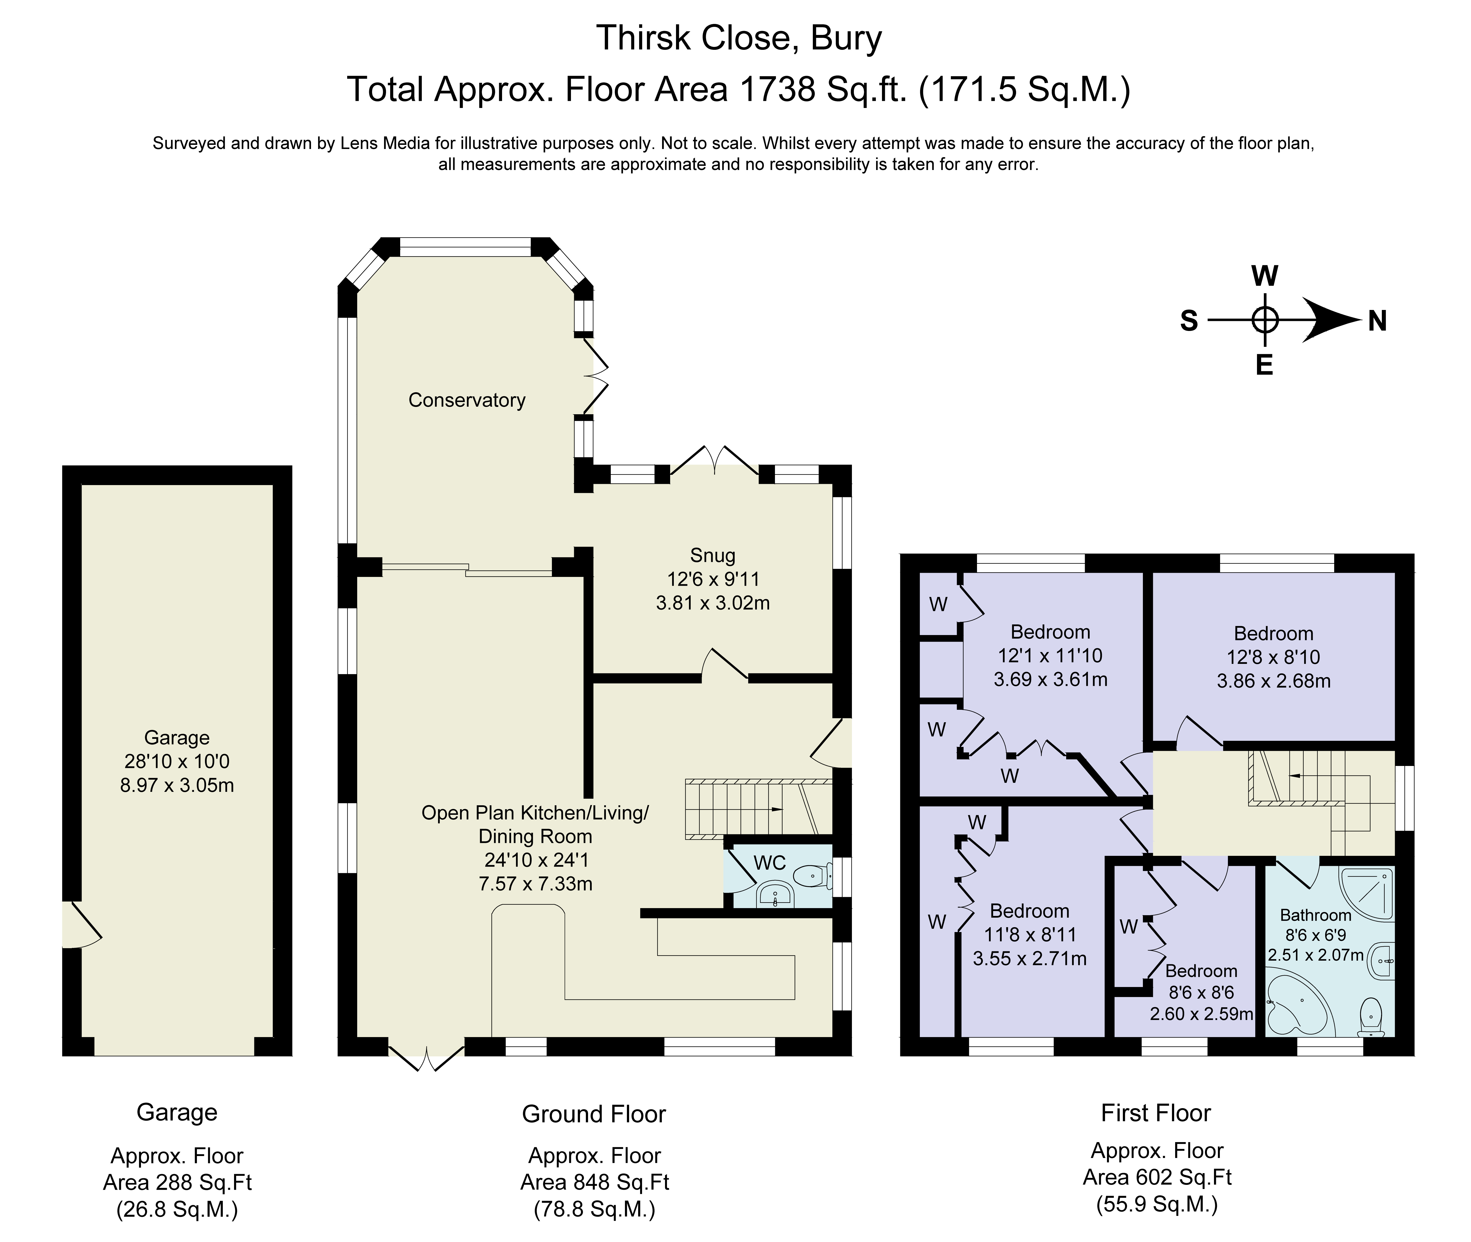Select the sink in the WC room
click(774, 894)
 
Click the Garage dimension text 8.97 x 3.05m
click(177, 784)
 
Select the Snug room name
click(713, 555)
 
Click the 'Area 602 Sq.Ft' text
click(1157, 1177)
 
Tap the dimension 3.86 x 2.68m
click(1274, 681)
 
